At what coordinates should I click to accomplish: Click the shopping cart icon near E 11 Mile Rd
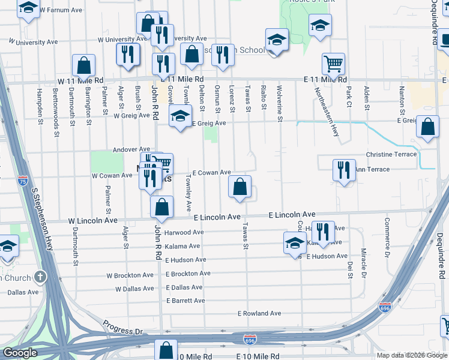click(334, 63)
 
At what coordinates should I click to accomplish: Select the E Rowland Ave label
click(259, 313)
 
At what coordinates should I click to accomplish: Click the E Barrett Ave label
click(185, 301)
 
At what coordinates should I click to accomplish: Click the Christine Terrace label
click(391, 154)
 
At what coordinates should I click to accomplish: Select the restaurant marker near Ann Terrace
click(343, 170)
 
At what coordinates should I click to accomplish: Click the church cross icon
click(40, 277)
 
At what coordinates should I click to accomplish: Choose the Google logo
click(20, 353)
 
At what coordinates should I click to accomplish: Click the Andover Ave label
click(131, 149)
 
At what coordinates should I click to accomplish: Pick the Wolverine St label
click(280, 103)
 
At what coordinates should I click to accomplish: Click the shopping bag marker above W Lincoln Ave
click(161, 207)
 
